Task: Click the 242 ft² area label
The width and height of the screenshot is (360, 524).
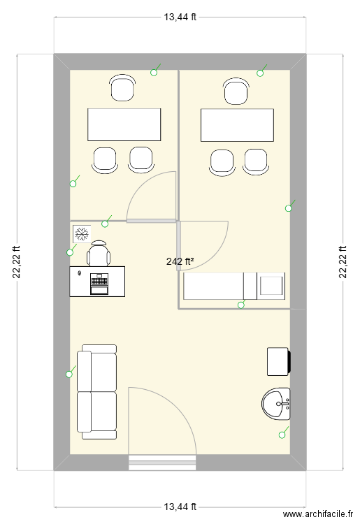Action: click(x=180, y=261)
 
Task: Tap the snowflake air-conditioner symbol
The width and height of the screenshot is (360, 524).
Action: click(x=82, y=233)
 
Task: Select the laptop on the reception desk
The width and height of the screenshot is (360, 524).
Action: click(x=99, y=284)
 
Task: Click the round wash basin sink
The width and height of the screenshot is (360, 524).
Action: click(x=275, y=404)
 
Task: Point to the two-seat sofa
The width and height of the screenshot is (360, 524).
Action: click(x=97, y=392)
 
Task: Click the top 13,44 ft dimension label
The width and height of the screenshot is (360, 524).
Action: click(x=180, y=17)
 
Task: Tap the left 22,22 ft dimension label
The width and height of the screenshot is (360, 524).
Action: click(x=17, y=262)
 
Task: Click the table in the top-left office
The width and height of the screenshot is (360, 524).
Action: click(x=124, y=124)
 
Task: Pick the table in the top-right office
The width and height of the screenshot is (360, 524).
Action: click(x=238, y=125)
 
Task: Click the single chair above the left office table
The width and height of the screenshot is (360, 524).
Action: click(x=122, y=88)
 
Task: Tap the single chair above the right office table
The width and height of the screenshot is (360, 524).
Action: click(x=236, y=92)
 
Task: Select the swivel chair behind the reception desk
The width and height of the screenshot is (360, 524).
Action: click(x=99, y=253)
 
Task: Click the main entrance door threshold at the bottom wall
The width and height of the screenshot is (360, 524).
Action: click(x=162, y=463)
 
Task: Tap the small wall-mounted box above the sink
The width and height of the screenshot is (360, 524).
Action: click(x=279, y=362)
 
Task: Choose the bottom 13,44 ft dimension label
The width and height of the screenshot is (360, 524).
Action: click(x=180, y=507)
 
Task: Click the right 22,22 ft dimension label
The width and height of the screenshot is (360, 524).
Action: click(x=343, y=262)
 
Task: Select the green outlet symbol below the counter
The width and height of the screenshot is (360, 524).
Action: click(x=242, y=303)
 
